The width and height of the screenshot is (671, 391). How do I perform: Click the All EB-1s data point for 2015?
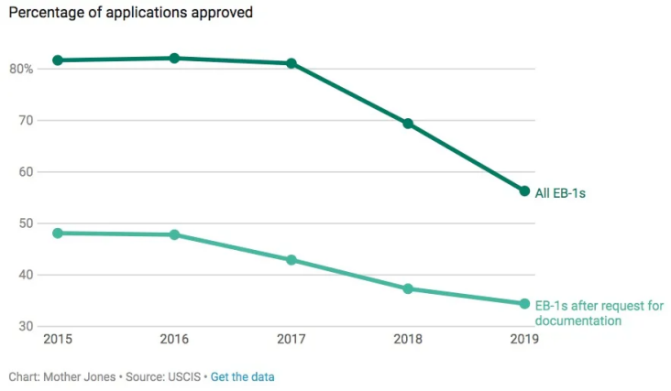tap(57, 60)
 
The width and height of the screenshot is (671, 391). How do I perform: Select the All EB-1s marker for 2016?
tap(174, 58)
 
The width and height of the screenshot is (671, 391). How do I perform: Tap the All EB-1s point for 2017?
tap(291, 63)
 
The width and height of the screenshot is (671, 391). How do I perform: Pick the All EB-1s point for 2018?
tap(408, 124)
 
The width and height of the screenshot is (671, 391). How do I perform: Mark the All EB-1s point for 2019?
tap(524, 191)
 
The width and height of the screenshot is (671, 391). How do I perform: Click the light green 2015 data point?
tap(57, 233)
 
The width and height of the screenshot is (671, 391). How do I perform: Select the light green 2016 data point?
tap(174, 234)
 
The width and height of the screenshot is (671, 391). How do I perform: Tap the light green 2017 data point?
tap(291, 260)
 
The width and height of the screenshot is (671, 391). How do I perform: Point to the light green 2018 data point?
tap(408, 288)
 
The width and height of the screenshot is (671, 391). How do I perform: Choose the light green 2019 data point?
tap(524, 304)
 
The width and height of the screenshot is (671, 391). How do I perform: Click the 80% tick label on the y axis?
tap(22, 70)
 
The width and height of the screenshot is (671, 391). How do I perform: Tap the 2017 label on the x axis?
tap(291, 339)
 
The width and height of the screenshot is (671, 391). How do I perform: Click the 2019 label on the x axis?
tap(524, 339)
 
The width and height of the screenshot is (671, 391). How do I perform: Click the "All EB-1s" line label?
tap(559, 192)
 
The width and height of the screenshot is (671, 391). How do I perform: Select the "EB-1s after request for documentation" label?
tap(599, 313)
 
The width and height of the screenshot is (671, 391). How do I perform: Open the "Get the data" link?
tap(242, 376)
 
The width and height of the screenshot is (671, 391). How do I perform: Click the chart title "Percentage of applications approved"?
tap(131, 14)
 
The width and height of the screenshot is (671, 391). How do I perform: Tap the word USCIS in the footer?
tap(186, 376)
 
